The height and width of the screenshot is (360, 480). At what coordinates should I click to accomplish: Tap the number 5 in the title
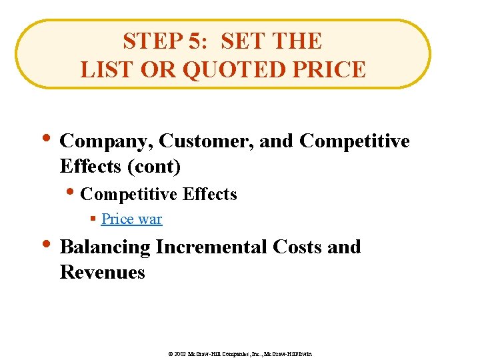194,41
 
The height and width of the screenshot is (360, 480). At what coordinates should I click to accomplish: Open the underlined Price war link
131,219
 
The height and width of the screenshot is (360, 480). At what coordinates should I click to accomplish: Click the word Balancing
105,247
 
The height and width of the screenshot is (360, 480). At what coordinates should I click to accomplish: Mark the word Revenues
102,272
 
